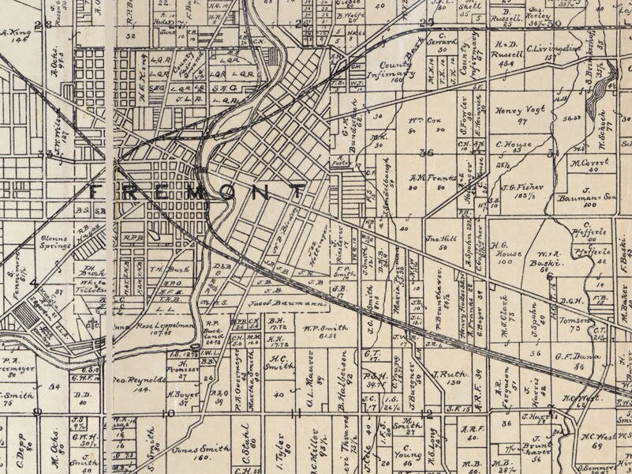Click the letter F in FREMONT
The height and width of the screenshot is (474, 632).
(x=98, y=192)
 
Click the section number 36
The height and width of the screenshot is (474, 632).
(x=428, y=153)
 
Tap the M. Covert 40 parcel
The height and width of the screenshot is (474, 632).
(x=585, y=164)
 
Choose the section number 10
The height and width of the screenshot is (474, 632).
(x=168, y=412)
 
